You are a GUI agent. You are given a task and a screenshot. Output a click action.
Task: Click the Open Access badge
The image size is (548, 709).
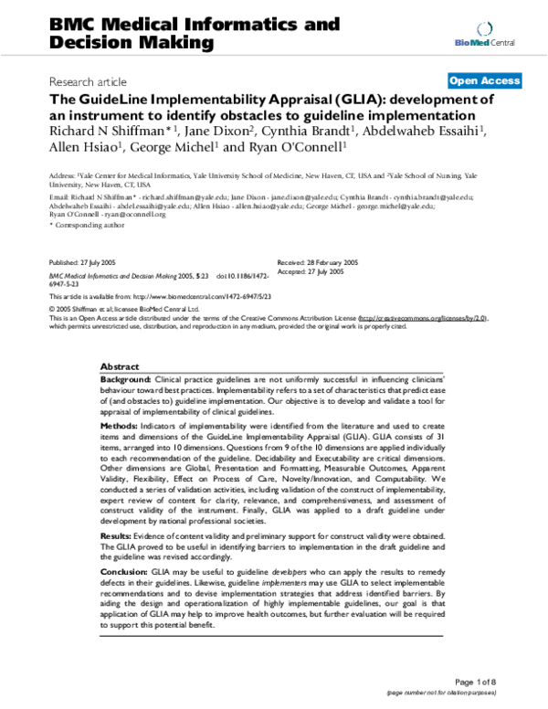(484, 80)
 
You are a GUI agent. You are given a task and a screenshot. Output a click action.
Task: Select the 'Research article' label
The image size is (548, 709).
(88, 81)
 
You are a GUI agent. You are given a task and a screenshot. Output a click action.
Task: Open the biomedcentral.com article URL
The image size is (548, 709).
(209, 297)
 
